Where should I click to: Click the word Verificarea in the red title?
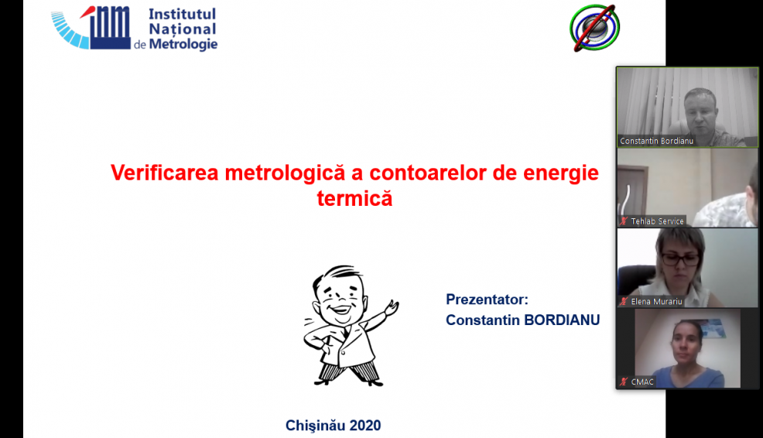(x=165, y=173)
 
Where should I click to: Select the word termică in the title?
(x=354, y=199)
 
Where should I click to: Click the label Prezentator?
(x=487, y=299)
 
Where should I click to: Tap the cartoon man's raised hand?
(x=392, y=308)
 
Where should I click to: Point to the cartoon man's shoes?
(x=348, y=379)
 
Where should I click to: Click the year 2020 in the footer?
(x=365, y=426)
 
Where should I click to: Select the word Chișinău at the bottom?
(x=315, y=426)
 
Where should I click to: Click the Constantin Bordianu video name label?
(x=656, y=141)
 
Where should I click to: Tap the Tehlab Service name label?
(x=657, y=221)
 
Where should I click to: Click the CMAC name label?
(x=642, y=382)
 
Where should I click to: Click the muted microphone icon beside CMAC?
(x=624, y=382)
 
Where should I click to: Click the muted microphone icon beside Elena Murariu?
(x=624, y=301)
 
